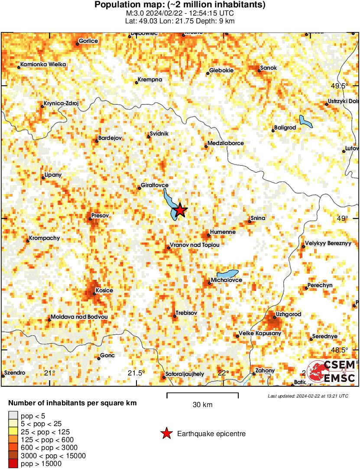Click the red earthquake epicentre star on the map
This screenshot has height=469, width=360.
[180, 210]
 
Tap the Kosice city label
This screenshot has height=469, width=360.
[104, 290]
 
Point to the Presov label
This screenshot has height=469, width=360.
[100, 215]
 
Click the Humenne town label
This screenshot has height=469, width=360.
[223, 232]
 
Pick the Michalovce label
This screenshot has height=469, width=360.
[226, 280]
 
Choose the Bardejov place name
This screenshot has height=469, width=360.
[111, 138]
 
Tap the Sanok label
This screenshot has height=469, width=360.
[268, 68]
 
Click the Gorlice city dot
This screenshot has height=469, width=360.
[78, 44]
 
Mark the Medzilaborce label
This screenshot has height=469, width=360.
[225, 143]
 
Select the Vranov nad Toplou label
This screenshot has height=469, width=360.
[195, 245]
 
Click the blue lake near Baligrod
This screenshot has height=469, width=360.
[306, 121]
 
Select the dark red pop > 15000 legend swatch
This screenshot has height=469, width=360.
[13, 464]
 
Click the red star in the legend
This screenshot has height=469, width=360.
[166, 433]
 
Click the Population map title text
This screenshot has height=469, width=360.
[180, 5]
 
